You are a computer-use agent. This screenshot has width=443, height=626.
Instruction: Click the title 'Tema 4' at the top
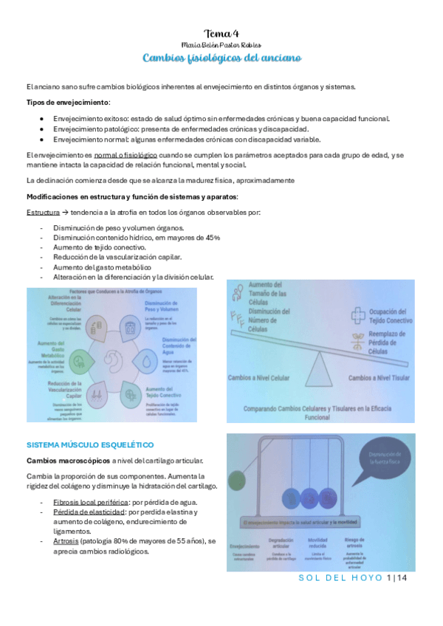pyautogui.click(x=221, y=34)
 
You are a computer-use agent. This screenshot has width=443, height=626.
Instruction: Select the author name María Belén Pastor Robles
pyautogui.click(x=221, y=46)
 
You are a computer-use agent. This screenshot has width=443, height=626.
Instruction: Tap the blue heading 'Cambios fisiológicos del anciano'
pyautogui.click(x=221, y=58)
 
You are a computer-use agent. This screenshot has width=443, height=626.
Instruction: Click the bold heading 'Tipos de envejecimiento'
pyautogui.click(x=68, y=101)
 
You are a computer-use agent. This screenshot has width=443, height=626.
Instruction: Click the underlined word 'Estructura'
pyautogui.click(x=43, y=213)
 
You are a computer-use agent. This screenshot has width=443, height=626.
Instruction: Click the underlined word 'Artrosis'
pyautogui.click(x=67, y=541)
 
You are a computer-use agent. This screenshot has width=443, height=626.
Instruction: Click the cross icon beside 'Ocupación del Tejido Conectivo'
pyautogui.click(x=359, y=316)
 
